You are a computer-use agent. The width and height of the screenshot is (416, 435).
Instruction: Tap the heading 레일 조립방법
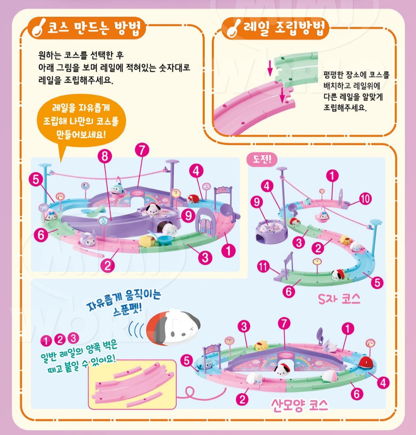pyautogui.click(x=285, y=28)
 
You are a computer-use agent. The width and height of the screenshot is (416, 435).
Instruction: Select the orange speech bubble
pyautogui.click(x=81, y=121)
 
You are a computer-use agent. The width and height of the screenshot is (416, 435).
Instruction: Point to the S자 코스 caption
pyautogui.click(x=339, y=299)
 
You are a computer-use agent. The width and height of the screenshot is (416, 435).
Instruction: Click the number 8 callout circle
pyautogui.click(x=105, y=156)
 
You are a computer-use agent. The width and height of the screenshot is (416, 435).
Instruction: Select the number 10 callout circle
pyautogui.click(x=365, y=198)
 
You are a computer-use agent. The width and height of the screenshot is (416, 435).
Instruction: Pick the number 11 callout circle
pyautogui.click(x=263, y=267)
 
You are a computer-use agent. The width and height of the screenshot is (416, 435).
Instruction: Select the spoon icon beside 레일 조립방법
pyautogui.click(x=233, y=28)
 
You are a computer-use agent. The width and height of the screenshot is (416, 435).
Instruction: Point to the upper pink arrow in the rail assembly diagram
pyautogui.click(x=270, y=68)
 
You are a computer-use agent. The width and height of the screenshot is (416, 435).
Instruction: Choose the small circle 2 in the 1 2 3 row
pyautogui.click(x=60, y=340)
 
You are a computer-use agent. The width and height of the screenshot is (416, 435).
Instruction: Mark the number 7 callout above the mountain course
pyautogui.click(x=284, y=324)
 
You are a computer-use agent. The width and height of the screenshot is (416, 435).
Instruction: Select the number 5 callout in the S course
pyautogui.click(x=377, y=283)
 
